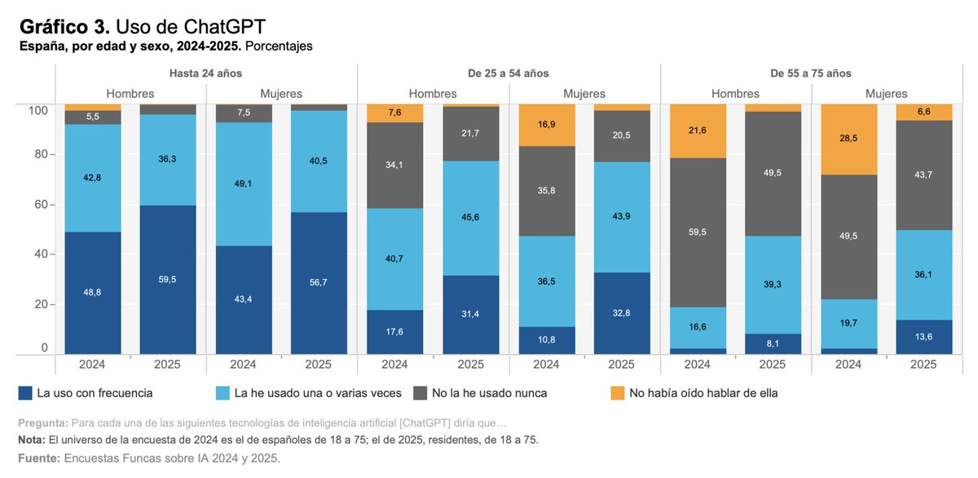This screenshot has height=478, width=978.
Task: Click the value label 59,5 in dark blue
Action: (167, 278)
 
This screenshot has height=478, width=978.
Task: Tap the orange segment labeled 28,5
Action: (848, 139)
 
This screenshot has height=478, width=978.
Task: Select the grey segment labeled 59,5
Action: (698, 232)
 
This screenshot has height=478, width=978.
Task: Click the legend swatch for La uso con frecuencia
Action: (25, 393)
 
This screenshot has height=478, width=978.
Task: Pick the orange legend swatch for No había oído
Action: (617, 393)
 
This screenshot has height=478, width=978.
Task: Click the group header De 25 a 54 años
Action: (508, 73)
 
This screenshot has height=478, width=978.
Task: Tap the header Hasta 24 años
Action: (205, 73)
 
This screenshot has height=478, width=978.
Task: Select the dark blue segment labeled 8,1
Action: (773, 344)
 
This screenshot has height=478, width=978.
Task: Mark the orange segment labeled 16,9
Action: (546, 126)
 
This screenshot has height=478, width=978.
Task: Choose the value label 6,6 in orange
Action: (923, 112)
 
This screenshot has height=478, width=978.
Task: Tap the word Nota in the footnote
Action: (32, 440)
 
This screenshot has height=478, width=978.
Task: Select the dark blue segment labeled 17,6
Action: (394, 332)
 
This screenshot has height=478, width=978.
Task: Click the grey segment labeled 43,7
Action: (923, 175)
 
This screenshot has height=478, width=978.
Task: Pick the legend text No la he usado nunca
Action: (489, 393)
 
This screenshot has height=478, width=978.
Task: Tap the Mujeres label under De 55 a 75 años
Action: (885, 94)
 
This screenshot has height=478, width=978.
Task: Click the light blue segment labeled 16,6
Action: (698, 327)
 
